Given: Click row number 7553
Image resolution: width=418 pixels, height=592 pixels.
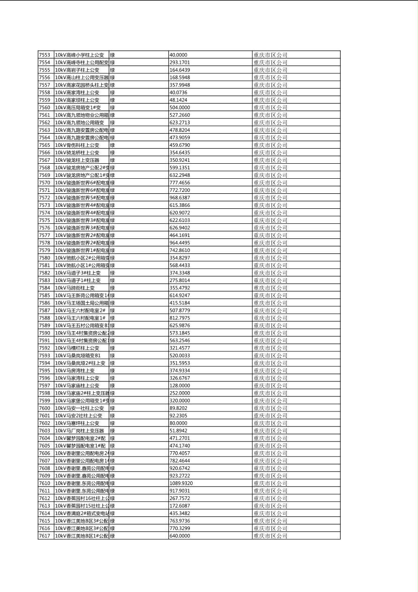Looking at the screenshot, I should coord(44,55).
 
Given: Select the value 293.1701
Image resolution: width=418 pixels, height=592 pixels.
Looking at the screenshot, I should coord(179,62).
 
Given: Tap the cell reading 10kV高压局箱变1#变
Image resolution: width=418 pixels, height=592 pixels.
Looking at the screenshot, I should coord(78,107).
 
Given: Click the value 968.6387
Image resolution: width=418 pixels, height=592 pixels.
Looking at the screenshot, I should coord(179,197).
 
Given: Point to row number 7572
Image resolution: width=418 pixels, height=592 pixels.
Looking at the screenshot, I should coord(44,197).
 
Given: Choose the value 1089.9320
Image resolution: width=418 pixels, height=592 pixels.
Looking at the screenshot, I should coord(181,483).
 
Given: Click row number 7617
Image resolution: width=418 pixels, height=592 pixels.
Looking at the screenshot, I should coord(44,536).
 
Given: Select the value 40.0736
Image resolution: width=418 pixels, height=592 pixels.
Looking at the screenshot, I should coord(178,92).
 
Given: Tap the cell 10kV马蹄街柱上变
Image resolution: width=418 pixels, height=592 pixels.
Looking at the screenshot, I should coord(75,288).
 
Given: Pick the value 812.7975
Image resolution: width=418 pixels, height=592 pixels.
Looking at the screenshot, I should coord(179,318).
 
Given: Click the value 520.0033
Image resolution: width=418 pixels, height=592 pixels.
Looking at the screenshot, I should coord(179,356).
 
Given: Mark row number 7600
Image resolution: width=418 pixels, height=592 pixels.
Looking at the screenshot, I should coord(44,408).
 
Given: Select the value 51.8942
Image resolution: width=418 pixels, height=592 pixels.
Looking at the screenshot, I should coord(178,431).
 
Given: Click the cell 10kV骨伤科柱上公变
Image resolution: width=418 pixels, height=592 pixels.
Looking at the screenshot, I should coord(77,145).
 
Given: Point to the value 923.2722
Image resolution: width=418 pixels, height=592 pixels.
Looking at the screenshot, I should coord(179,476).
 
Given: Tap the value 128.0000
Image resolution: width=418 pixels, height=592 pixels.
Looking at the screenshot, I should coord(179,386).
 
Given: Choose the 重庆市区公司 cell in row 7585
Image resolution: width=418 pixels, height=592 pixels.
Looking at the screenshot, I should coord(270,295).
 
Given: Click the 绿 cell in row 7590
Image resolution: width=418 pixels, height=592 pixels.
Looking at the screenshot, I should coord(112,333).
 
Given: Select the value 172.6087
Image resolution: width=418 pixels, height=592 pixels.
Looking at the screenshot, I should coord(179,506).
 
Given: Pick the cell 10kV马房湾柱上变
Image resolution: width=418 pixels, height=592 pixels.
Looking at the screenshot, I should coord(75,371).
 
